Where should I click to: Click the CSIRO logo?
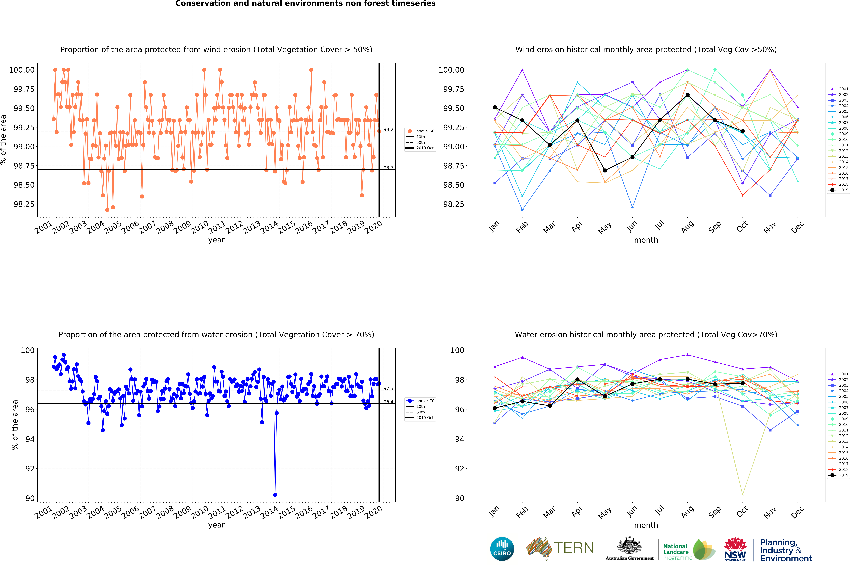[x=502, y=549]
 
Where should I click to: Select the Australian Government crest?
[x=630, y=546]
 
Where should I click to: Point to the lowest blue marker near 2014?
[x=275, y=495]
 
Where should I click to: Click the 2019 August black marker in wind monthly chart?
[x=688, y=95]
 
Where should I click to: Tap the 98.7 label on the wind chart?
[x=388, y=168]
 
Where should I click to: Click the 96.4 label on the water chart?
[x=388, y=402]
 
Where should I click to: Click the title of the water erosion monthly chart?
[x=646, y=335]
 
